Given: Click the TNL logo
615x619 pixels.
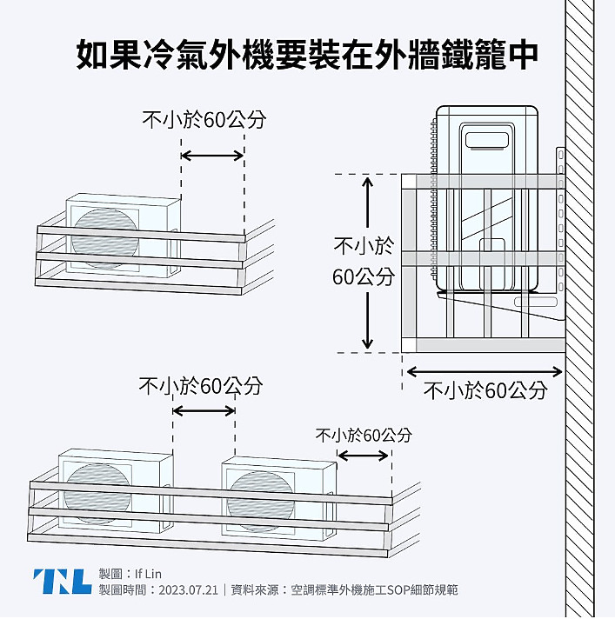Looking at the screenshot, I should pyautogui.click(x=61, y=581).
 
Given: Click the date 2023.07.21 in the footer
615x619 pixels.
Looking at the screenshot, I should pyautogui.click(x=188, y=589).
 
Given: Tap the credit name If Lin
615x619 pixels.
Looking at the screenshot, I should pyautogui.click(x=149, y=574).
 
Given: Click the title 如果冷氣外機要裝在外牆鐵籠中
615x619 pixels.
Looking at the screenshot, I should pyautogui.click(x=307, y=55).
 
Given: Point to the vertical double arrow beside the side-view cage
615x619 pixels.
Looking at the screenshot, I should pyautogui.click(x=367, y=263).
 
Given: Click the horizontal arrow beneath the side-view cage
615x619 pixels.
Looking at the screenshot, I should pyautogui.click(x=485, y=371).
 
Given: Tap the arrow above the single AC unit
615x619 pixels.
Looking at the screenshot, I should pyautogui.click(x=212, y=156).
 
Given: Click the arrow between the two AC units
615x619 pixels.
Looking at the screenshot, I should pyautogui.click(x=204, y=410).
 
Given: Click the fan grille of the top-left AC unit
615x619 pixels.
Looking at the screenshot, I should pyautogui.click(x=105, y=234).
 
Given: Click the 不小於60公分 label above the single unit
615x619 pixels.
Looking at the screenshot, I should pyautogui.click(x=204, y=120).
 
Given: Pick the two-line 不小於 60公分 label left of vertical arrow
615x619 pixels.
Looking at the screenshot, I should pyautogui.click(x=364, y=261).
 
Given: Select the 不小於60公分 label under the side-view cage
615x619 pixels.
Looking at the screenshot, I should pyautogui.click(x=485, y=390).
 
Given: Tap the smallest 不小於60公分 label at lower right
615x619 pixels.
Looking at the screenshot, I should pyautogui.click(x=363, y=435).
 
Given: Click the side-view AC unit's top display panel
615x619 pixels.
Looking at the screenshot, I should pyautogui.click(x=487, y=136).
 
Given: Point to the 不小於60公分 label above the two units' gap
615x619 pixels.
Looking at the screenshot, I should pyautogui.click(x=201, y=385).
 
